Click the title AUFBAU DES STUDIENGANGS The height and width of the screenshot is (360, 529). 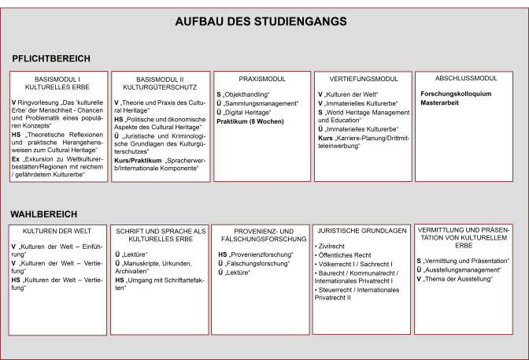264,23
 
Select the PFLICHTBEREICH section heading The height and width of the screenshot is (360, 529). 51,58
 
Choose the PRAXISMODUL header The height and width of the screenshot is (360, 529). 261,80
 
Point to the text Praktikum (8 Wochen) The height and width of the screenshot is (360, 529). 251,121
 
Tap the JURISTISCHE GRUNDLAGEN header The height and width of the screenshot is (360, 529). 361,232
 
